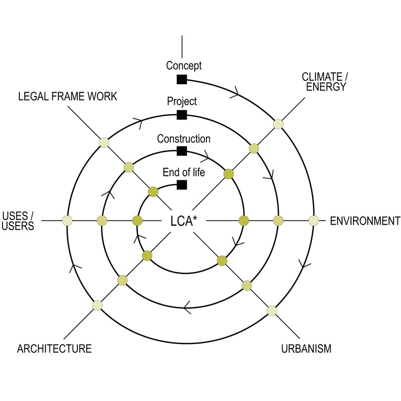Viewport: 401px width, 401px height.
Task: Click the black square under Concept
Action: [182, 79]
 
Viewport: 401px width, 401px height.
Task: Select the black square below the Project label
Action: [182, 115]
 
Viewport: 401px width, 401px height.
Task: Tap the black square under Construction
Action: [182, 151]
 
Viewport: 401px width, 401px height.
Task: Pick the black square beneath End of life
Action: [182, 185]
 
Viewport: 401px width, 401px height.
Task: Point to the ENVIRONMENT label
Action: [364, 221]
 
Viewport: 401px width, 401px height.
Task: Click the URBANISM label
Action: [306, 349]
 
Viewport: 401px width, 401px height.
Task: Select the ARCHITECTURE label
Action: [54, 349]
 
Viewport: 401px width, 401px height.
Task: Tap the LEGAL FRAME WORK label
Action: [68, 96]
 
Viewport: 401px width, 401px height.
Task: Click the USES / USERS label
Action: [18, 221]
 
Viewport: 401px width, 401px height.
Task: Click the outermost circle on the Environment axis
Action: [313, 221]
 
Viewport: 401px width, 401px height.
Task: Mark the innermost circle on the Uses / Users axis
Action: [138, 221]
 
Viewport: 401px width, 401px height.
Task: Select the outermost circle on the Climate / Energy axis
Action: [278, 124]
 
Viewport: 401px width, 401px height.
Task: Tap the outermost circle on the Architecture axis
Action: [97, 305]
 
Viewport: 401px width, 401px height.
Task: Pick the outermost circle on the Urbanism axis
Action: [271, 310]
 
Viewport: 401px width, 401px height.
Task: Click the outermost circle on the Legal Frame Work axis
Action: [103, 143]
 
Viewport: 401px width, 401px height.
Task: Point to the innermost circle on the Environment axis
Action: [243, 221]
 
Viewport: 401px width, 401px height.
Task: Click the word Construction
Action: [184, 139]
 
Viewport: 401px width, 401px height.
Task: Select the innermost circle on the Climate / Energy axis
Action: [229, 173]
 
